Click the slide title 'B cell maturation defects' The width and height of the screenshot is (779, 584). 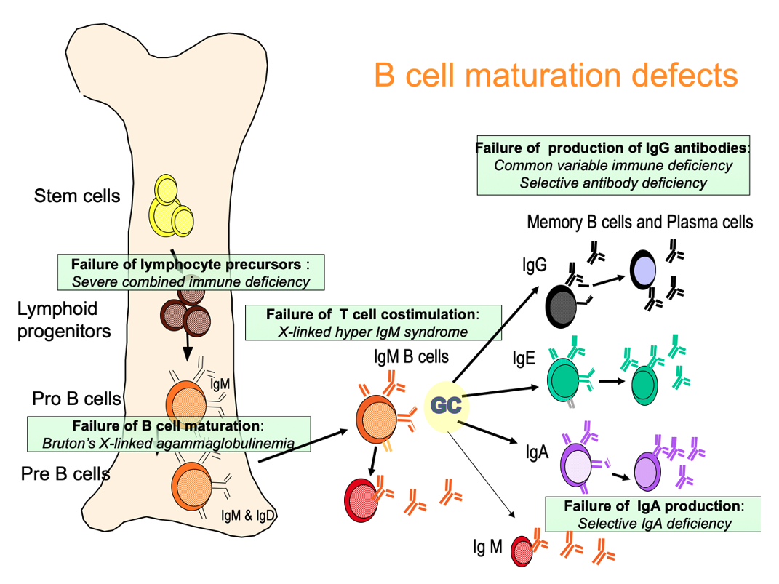(x=556, y=75)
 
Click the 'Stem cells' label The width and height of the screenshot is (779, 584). (x=77, y=196)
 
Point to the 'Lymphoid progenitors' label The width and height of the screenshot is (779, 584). (x=64, y=320)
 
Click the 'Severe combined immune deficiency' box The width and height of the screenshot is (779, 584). (x=191, y=273)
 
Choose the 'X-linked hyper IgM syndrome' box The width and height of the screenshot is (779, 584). (x=373, y=323)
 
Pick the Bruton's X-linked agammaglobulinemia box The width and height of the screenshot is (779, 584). (x=169, y=433)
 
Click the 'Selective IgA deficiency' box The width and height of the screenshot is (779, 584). (x=654, y=514)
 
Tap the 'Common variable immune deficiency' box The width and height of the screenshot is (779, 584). (x=613, y=165)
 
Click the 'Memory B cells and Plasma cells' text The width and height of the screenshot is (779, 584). (x=639, y=222)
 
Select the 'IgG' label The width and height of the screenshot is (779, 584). (x=534, y=265)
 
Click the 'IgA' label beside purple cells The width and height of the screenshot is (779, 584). (x=537, y=453)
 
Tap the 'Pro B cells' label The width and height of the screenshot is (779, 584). (x=76, y=399)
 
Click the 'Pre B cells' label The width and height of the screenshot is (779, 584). (x=65, y=474)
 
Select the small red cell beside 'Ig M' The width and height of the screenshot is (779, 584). (x=522, y=551)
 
